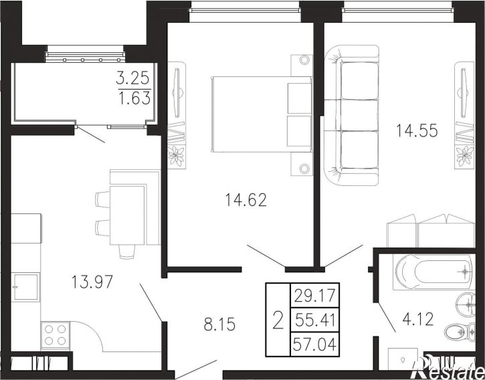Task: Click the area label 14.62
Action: pos(246,199)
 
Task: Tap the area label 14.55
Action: pos(417,130)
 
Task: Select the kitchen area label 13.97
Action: pos(92,282)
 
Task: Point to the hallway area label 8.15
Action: pos(219,324)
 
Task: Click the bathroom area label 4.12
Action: pos(418,319)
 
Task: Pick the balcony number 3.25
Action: pos(132,78)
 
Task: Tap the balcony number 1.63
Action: pos(135,98)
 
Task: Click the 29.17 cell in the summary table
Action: pos(314,295)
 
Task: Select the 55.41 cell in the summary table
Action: pos(314,320)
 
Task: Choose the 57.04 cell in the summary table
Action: pos(314,345)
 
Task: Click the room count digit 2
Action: pos(278,320)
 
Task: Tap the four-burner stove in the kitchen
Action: pos(56,335)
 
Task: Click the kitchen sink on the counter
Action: pos(25,287)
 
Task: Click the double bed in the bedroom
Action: pos(262,114)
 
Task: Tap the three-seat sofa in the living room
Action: pos(352,115)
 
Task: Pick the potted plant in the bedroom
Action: pos(176,156)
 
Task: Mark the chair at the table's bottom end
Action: pos(127,252)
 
